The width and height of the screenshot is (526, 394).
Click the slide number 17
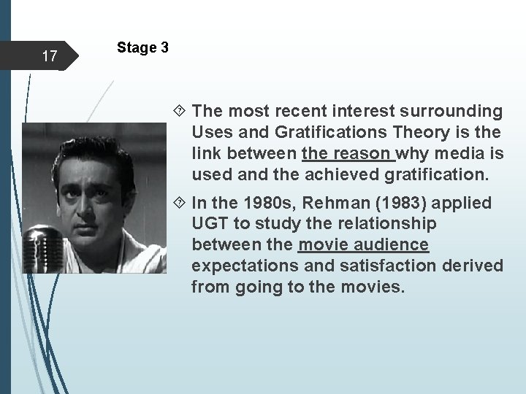pos(50,55)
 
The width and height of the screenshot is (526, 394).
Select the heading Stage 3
pos(142,48)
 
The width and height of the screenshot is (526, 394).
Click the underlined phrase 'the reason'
pos(347,154)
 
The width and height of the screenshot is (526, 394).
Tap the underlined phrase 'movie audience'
pos(363,244)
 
